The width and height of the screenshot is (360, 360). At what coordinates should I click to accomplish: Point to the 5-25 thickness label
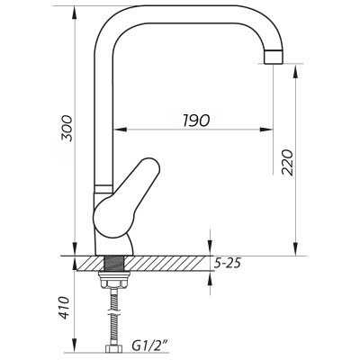pyautogui.click(x=230, y=264)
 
